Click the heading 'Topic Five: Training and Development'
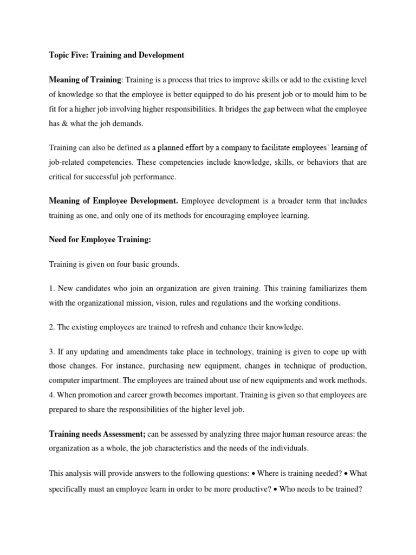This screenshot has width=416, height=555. click(116, 55)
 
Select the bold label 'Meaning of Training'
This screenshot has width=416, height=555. click(86, 80)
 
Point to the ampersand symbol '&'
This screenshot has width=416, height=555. click(66, 124)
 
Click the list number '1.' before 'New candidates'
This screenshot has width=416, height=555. click(53, 289)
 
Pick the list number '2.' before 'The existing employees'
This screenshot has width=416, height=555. click(53, 327)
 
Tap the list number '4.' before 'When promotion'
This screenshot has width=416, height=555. click(53, 396)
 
